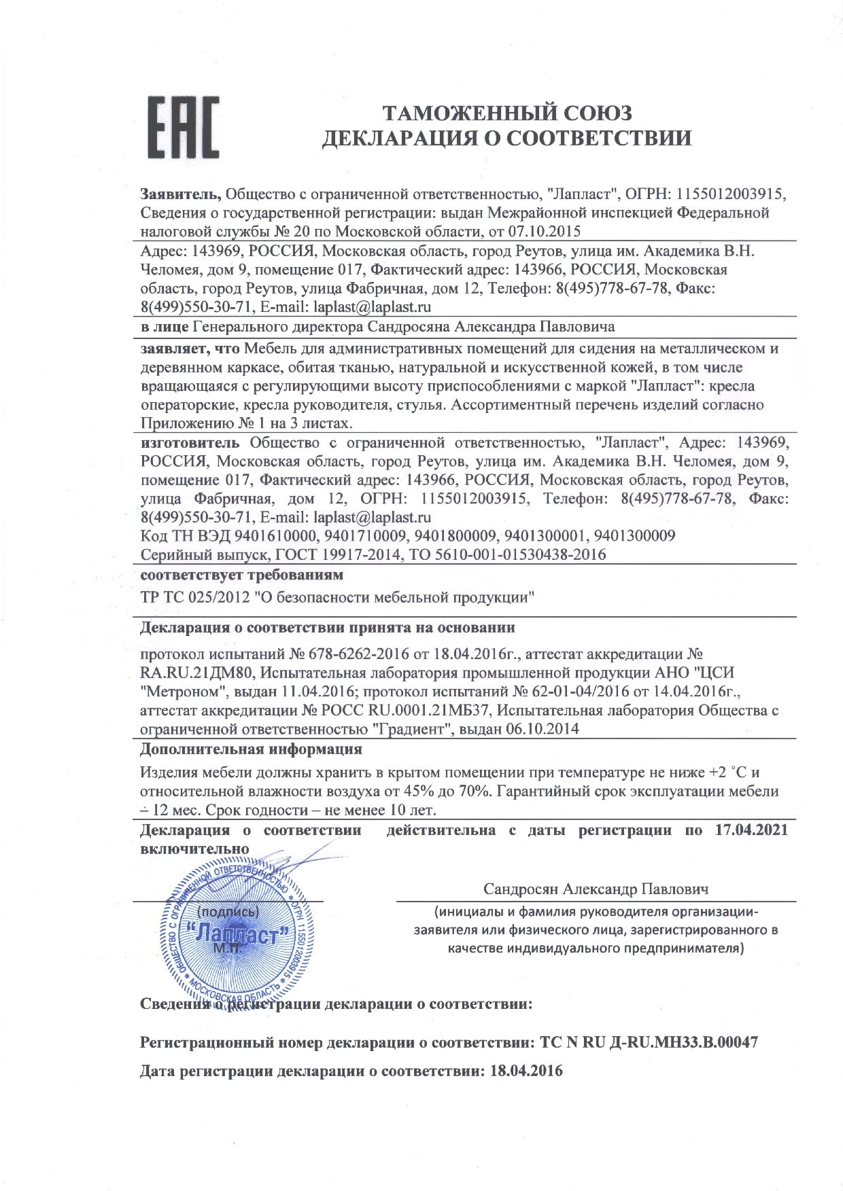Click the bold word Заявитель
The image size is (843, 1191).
click(180, 194)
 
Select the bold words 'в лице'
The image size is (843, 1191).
click(165, 327)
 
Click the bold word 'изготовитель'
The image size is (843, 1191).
click(192, 443)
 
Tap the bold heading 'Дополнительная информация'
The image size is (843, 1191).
click(250, 749)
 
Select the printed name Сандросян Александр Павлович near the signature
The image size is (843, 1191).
click(596, 889)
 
